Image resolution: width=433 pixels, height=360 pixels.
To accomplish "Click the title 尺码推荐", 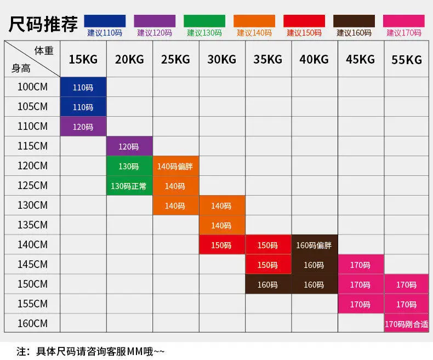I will click(43, 24).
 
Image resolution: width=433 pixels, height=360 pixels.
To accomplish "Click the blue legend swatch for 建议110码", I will click(105, 21).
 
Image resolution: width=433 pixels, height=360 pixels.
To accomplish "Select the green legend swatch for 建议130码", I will click(204, 21).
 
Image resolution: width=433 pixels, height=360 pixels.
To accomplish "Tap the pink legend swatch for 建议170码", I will click(404, 21).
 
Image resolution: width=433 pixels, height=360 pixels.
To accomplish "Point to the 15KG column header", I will click(83, 59).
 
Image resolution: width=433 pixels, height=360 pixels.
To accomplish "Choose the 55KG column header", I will click(407, 59).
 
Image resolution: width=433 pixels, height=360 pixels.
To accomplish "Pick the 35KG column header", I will click(268, 59).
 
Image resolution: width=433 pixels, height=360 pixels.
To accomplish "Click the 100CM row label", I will click(32, 87).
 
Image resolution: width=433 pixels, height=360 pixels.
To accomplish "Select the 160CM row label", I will click(32, 323).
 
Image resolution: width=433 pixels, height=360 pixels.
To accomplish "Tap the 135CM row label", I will click(32, 225).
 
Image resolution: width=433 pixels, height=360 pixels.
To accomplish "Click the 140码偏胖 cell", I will click(175, 166).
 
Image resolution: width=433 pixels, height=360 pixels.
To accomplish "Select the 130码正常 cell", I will click(129, 186).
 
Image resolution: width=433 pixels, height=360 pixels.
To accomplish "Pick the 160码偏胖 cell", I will click(314, 245).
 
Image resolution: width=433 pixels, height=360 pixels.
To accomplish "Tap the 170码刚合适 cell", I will click(406, 324).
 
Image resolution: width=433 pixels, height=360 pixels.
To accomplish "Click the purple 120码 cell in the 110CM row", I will click(83, 127).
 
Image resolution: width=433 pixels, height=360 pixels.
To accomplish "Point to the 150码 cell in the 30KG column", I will click(221, 245).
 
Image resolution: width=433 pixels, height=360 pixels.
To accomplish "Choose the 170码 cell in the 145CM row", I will click(360, 265).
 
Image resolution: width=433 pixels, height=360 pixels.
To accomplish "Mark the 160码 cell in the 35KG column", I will click(267, 284).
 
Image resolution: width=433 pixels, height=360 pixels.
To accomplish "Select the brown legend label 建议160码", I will click(354, 33).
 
